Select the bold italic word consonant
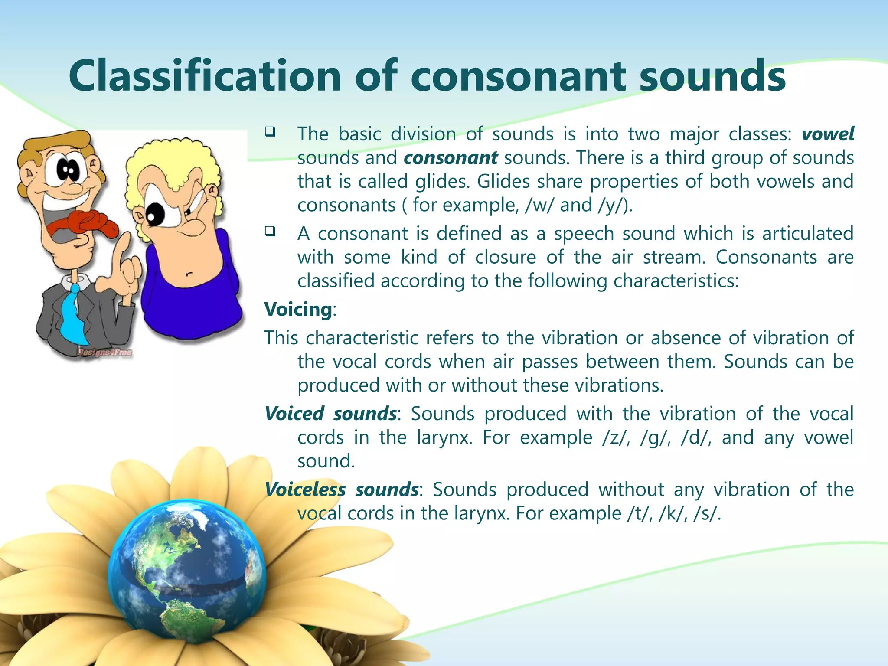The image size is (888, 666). [451, 158]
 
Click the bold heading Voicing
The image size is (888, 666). [298, 310]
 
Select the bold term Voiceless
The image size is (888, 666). [305, 490]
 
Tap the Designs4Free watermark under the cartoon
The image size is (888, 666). [104, 353]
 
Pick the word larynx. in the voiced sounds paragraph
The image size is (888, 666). [444, 437]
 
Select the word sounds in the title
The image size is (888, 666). [712, 77]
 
